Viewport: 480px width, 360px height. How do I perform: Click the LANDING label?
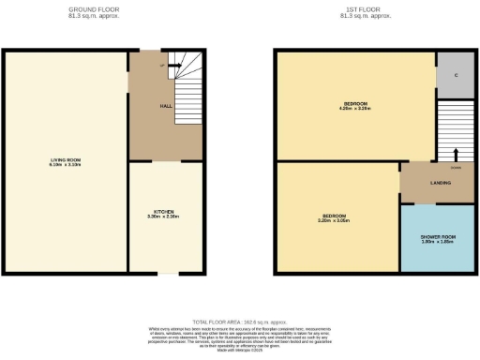point(437,182)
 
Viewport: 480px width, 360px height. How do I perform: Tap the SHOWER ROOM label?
point(438,236)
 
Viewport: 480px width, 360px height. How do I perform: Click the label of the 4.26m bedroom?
point(355,102)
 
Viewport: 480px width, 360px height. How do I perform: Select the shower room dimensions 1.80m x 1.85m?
point(438,242)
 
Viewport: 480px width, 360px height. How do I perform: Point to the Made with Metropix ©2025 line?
point(238,352)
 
